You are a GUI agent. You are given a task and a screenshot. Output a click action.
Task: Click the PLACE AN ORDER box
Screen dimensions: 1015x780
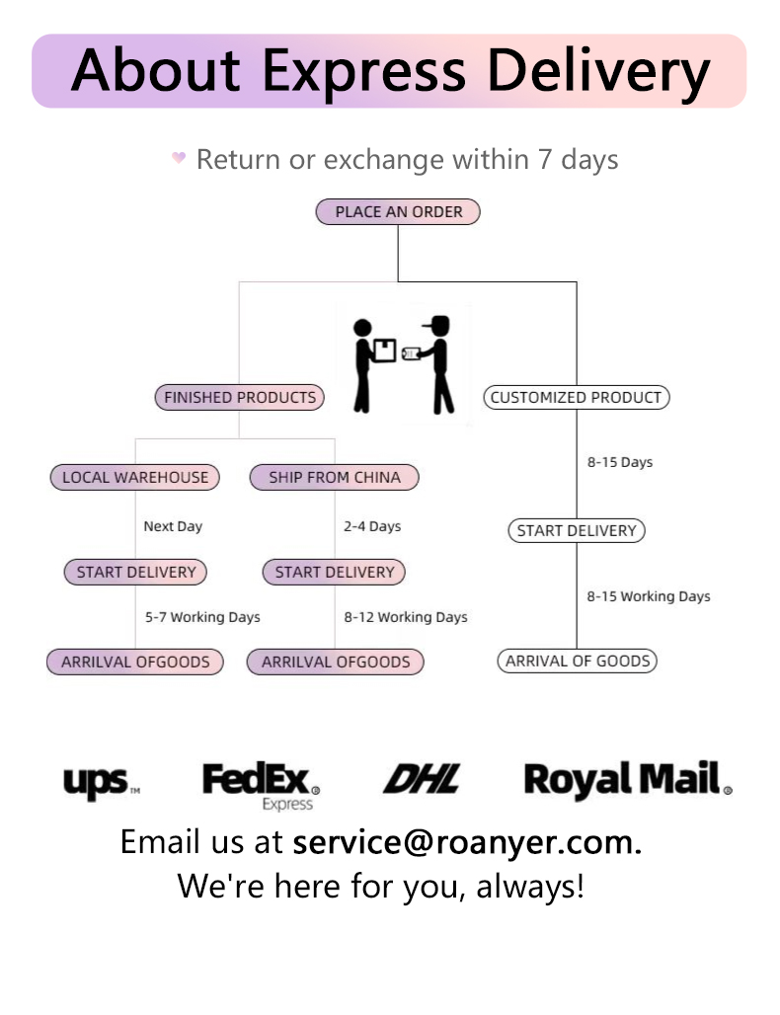[398, 211]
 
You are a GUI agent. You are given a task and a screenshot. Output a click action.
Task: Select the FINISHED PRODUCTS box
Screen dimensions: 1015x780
[239, 398]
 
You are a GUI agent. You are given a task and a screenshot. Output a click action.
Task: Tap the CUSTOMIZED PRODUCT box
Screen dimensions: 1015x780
[577, 398]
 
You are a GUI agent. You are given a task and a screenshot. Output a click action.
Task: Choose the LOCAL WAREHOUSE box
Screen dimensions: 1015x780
[135, 478]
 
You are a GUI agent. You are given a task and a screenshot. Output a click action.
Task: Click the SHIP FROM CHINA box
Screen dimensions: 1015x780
[335, 478]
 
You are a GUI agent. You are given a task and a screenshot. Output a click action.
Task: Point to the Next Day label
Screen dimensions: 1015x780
[173, 526]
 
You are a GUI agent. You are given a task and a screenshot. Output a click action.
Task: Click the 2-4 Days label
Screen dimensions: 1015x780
[372, 526]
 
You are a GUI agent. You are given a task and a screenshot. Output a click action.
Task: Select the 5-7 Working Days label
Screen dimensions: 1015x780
[202, 617]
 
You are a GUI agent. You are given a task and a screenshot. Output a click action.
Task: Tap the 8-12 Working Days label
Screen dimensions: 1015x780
[406, 617]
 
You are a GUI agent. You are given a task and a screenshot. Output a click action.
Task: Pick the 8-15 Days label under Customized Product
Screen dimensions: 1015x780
[620, 462]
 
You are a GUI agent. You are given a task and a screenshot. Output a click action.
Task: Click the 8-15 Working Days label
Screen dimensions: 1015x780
[649, 596]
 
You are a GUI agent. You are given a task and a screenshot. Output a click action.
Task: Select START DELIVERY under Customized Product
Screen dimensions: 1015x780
[577, 530]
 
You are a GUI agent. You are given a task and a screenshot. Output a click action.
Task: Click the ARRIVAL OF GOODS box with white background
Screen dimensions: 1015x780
[577, 662]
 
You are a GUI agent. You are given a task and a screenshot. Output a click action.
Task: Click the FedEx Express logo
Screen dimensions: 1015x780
[261, 784]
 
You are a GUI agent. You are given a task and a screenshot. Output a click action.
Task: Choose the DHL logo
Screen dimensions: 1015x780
[422, 780]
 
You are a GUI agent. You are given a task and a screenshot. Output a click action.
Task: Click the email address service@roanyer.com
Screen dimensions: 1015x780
[467, 842]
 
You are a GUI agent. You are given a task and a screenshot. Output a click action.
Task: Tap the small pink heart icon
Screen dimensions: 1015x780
[179, 158]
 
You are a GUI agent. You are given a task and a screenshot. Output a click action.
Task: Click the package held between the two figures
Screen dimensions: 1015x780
[385, 350]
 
